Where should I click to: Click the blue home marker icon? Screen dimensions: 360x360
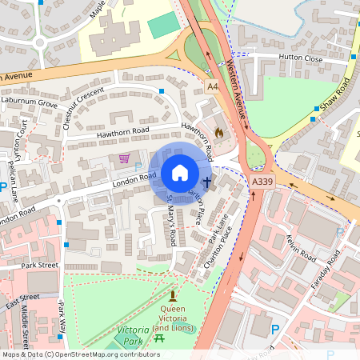(x=180, y=173)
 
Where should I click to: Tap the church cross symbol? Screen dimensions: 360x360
(x=206, y=182)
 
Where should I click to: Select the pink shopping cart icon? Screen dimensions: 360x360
(x=124, y=158)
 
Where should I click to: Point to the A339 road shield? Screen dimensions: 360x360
(x=262, y=182)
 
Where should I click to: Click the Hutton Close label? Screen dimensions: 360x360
(x=300, y=58)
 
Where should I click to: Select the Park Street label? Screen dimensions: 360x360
(x=40, y=265)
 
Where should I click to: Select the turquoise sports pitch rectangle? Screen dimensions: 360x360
(x=165, y=25)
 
